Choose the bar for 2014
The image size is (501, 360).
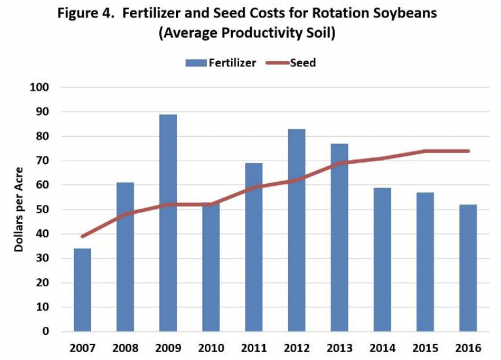382,259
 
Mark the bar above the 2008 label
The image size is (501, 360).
125,257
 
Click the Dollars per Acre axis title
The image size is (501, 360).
19,209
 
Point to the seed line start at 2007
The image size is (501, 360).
82,236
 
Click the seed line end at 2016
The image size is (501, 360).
468,151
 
